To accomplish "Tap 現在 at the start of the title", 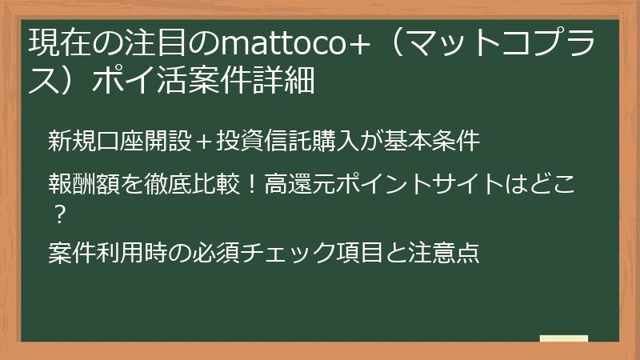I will coord(54,42).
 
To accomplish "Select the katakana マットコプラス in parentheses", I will coord(512,42).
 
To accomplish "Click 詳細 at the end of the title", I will coord(285,80).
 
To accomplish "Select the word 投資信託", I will coord(254,141).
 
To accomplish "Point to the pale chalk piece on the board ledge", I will coord(563,338).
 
